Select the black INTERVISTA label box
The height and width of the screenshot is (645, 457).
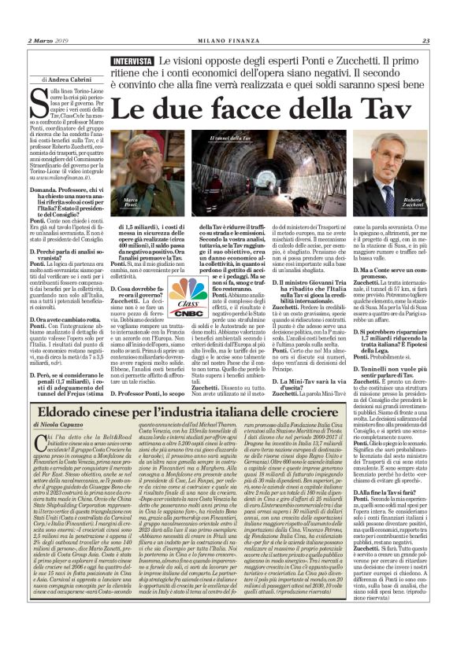[x=132, y=61]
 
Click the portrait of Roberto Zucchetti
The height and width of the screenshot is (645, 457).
[x=395, y=181]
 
